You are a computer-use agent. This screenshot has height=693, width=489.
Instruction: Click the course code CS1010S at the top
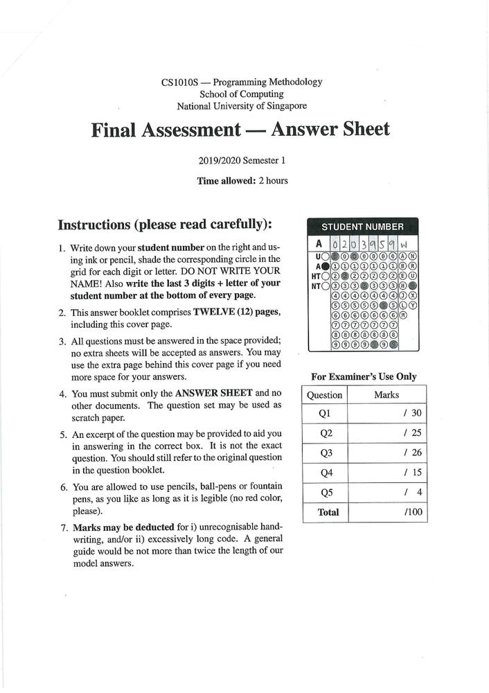pyautogui.click(x=178, y=82)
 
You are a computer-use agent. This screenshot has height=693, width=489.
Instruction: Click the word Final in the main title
pyautogui.click(x=118, y=130)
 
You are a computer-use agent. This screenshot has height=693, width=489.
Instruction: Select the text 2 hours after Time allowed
pyautogui.click(x=273, y=181)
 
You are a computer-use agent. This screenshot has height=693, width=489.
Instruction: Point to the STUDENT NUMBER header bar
pyautogui.click(x=362, y=227)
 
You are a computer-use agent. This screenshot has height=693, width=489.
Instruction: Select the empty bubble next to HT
pyautogui.click(x=326, y=275)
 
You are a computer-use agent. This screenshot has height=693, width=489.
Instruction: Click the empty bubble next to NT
pyautogui.click(x=326, y=285)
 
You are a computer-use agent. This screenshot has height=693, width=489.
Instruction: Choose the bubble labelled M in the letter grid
pyautogui.click(x=403, y=315)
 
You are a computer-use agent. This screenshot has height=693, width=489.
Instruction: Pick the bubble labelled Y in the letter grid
pyautogui.click(x=413, y=304)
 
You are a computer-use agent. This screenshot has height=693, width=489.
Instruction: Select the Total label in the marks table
pyautogui.click(x=328, y=512)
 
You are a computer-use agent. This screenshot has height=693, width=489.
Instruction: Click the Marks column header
pyautogui.click(x=386, y=394)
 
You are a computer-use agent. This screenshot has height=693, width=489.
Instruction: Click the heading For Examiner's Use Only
pyautogui.click(x=364, y=377)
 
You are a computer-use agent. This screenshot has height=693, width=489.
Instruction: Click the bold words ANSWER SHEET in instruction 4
pyautogui.click(x=204, y=393)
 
